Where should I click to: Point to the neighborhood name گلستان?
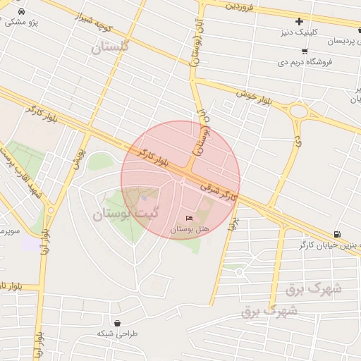click(111, 48)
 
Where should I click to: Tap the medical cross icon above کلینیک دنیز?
click(300, 22)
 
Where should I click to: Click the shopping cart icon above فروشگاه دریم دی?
click(304, 51)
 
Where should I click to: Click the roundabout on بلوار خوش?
click(299, 111)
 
